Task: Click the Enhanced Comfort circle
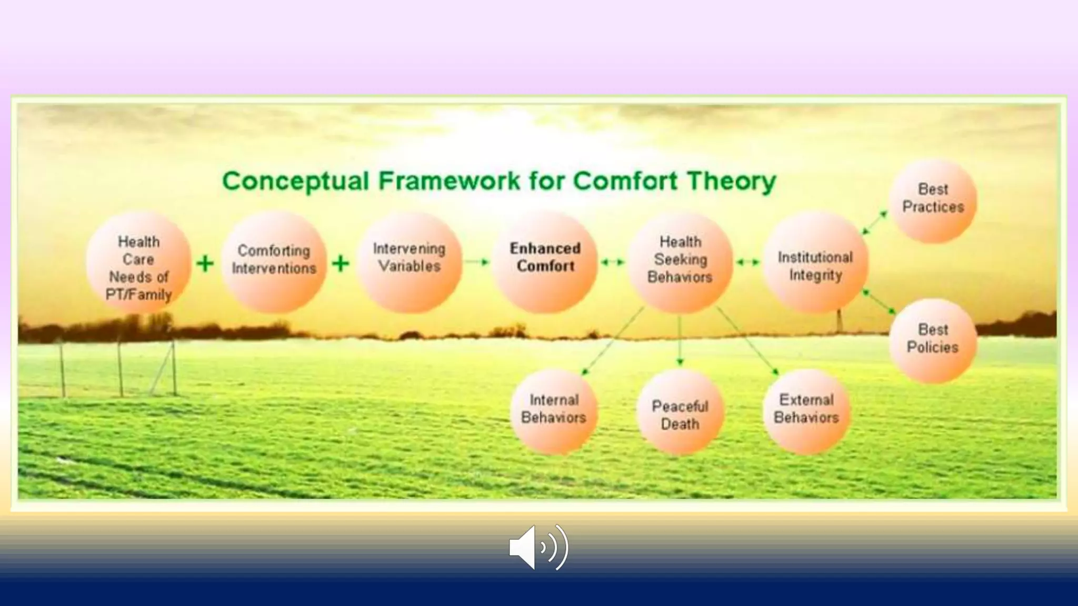(545, 261)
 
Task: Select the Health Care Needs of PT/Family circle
(138, 263)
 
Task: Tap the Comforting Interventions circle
(274, 261)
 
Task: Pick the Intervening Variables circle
(410, 261)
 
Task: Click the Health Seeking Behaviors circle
(680, 261)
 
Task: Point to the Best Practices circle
(933, 200)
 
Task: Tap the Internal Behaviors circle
(554, 411)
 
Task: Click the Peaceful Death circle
(680, 412)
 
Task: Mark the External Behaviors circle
(806, 411)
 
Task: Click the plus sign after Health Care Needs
(205, 263)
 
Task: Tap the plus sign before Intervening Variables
(341, 263)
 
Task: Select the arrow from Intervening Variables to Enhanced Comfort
(477, 261)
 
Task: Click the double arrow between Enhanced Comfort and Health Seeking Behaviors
(613, 261)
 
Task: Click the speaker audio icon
(538, 547)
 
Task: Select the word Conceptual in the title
(295, 181)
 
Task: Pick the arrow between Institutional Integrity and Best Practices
(875, 223)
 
